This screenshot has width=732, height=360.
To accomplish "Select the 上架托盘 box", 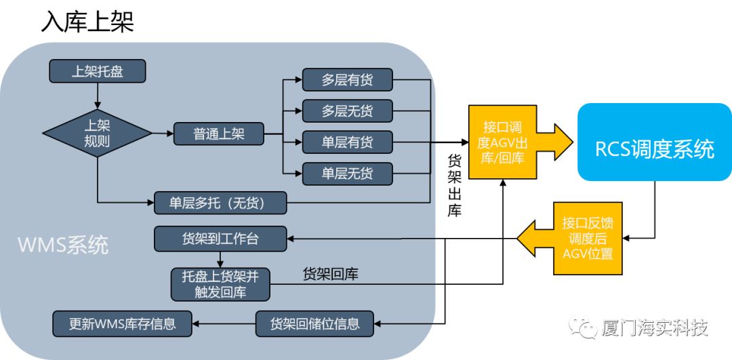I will [98, 71].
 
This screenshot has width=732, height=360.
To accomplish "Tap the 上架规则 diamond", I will [98, 134].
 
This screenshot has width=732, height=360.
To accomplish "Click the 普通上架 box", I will [218, 134].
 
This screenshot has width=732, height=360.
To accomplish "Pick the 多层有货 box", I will [347, 80].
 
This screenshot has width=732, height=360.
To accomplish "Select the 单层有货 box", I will [347, 142].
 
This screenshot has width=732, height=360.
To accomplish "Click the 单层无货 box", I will [347, 174].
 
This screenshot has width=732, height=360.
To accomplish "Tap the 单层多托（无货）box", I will [220, 202].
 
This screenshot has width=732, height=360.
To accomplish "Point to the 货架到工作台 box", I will [220, 238].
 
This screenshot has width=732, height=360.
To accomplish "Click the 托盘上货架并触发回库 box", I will [220, 283].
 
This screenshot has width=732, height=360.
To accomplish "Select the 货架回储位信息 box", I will [314, 323].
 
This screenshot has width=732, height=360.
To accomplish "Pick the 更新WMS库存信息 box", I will [122, 323].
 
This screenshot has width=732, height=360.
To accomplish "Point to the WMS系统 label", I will [63, 245].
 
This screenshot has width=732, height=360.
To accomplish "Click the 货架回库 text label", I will [330, 275].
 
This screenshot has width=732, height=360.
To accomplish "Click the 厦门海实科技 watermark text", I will [654, 328].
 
